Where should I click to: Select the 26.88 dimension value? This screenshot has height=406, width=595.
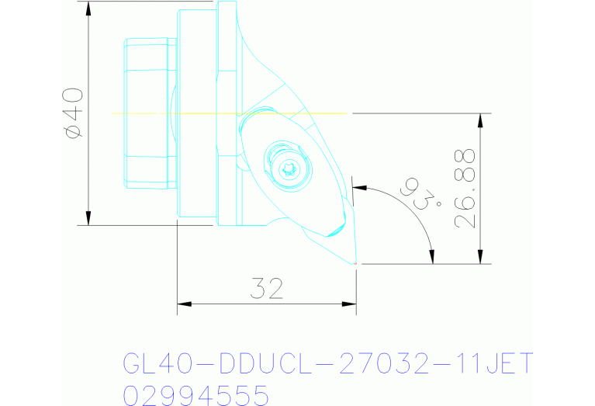click(465, 189)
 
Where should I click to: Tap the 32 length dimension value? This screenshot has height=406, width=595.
click(267, 289)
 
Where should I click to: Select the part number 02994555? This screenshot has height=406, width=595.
click(195, 395)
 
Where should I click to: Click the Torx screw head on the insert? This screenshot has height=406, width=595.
click(290, 168)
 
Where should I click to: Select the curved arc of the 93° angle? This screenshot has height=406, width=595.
click(411, 213)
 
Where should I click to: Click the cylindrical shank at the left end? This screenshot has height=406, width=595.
click(147, 113)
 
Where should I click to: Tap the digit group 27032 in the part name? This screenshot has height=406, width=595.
click(376, 363)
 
